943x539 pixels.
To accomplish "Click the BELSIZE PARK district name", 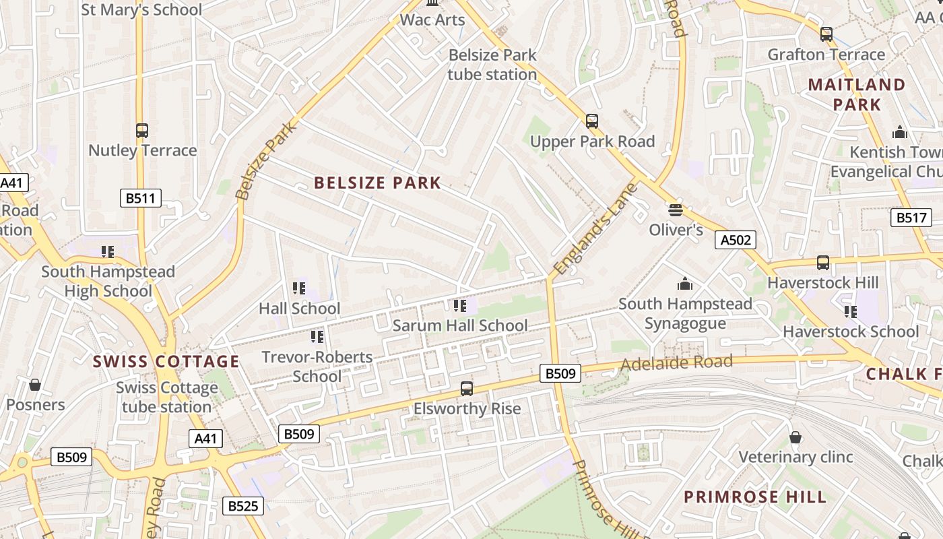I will tap(377, 183).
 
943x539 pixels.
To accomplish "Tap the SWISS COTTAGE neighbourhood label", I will tap(166, 362).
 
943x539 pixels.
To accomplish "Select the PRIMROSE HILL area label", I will tap(755, 497).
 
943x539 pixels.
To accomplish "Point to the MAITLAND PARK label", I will tap(857, 94).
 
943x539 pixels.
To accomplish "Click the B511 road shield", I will tap(141, 198).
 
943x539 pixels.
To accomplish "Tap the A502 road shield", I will tap(736, 240).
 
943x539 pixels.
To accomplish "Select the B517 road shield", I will tap(911, 218).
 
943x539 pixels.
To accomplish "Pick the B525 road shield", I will tap(243, 505).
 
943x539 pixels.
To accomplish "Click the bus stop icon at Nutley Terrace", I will tap(142, 131).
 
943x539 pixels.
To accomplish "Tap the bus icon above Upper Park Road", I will tap(592, 121).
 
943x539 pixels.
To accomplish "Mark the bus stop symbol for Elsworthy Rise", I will tap(467, 389).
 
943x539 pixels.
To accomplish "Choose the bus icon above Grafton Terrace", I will tap(826, 34).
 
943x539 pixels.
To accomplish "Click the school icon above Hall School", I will tap(300, 288).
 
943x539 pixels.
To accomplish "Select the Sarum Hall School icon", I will tap(460, 306).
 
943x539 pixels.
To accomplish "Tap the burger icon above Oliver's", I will tap(676, 210).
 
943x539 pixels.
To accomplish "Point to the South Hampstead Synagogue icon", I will tap(685, 284).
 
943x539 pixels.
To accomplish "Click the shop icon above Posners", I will tap(35, 385).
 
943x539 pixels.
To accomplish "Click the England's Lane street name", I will tap(595, 229).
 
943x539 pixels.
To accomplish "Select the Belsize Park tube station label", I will tap(492, 65).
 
